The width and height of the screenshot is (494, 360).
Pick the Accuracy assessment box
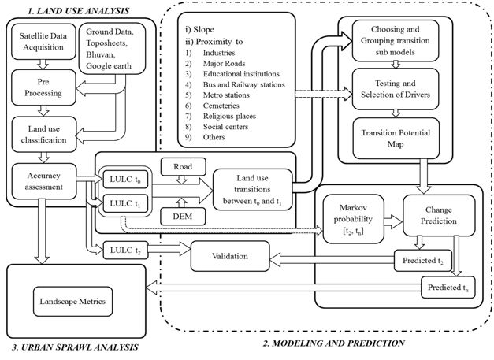tap(44, 175)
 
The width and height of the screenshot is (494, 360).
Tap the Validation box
tap(230, 256)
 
